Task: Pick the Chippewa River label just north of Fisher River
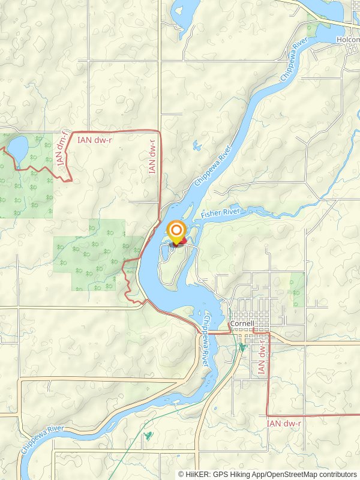coord(213,163)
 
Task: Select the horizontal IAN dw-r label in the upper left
coord(95,139)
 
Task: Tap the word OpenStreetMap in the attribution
coord(288,475)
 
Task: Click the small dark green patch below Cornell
coord(242,347)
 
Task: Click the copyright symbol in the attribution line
coord(182,475)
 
